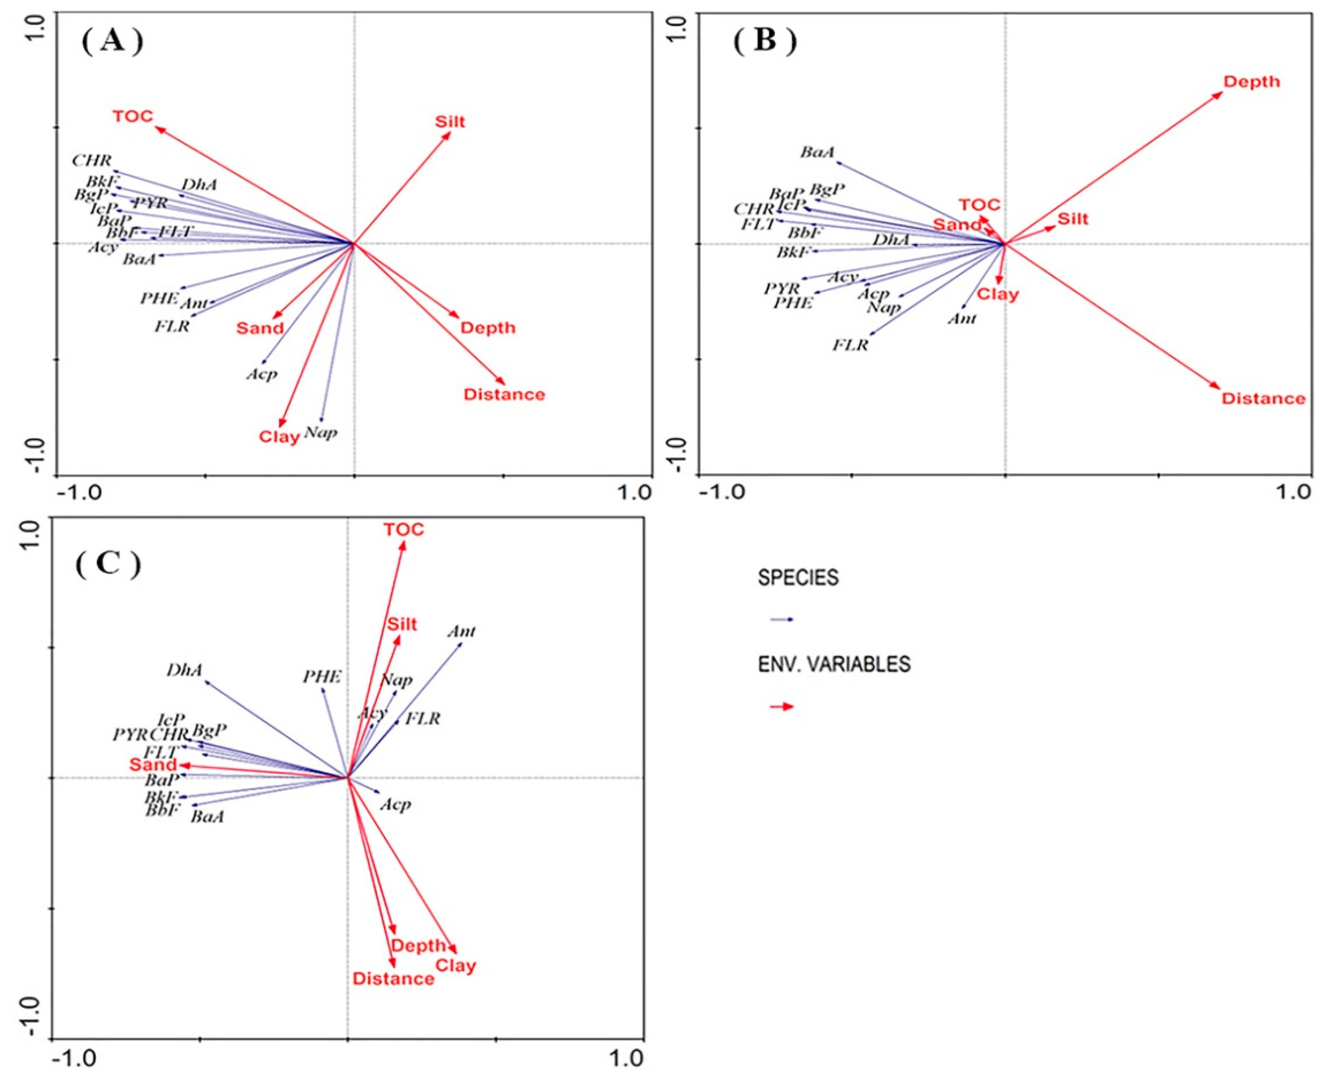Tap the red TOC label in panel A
click(133, 117)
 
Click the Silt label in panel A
click(450, 121)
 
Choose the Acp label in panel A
click(261, 374)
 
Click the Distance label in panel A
click(504, 394)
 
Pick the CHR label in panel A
click(91, 161)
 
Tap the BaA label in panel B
click(817, 152)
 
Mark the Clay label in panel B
click(998, 294)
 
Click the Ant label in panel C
click(461, 631)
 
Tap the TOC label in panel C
click(404, 530)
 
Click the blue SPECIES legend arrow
click(782, 619)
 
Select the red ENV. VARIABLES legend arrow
click(782, 707)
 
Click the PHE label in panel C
click(321, 677)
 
